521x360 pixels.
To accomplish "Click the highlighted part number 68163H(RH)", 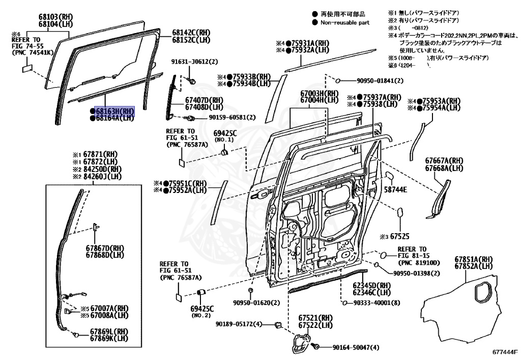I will pyautogui.click(x=112, y=111).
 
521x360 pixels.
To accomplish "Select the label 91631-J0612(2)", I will pyautogui.click(x=194, y=62).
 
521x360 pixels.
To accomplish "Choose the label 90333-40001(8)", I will pyautogui.click(x=376, y=303).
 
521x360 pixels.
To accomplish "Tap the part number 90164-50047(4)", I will pyautogui.click(x=356, y=348).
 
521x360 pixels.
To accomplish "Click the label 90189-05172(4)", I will pyautogui.click(x=238, y=324).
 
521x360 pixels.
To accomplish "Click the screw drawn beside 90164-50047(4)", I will pyautogui.click(x=315, y=346).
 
